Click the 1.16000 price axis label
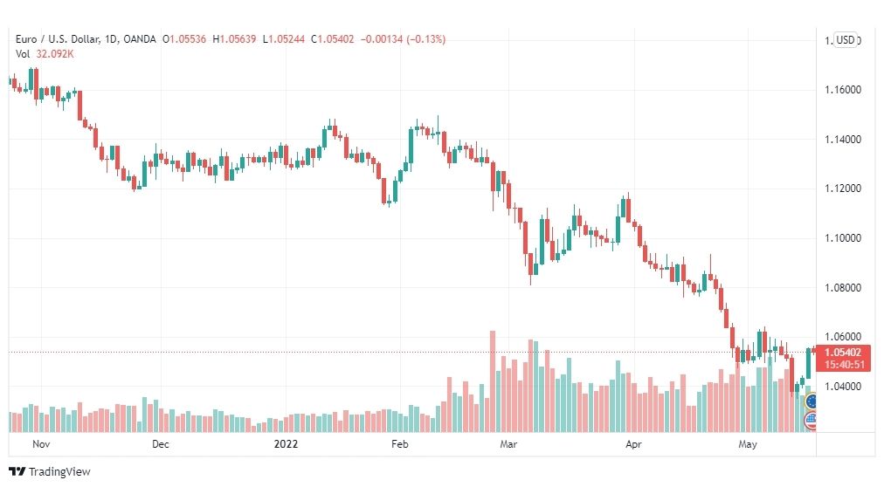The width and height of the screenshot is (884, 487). pyautogui.click(x=843, y=90)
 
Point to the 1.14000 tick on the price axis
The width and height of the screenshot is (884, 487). pyautogui.click(x=843, y=139)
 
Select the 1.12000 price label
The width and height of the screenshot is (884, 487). pyautogui.click(x=843, y=188)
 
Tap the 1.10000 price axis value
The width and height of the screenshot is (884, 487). pyautogui.click(x=843, y=237)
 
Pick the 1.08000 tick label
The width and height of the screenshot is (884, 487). pyautogui.click(x=843, y=287)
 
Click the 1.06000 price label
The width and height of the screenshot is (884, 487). pyautogui.click(x=843, y=337)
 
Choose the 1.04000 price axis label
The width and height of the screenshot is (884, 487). pyautogui.click(x=843, y=387)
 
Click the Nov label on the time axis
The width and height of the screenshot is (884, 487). pyautogui.click(x=41, y=444)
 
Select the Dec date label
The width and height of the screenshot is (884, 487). pyautogui.click(x=161, y=444)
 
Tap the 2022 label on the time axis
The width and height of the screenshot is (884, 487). pyautogui.click(x=286, y=444)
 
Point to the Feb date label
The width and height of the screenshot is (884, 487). pyautogui.click(x=400, y=444)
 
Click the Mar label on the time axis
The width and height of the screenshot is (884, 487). pyautogui.click(x=508, y=444)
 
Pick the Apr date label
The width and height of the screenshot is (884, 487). pyautogui.click(x=633, y=444)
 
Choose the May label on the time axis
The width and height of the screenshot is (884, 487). pyautogui.click(x=748, y=444)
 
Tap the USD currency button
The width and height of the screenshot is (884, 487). pyautogui.click(x=845, y=40)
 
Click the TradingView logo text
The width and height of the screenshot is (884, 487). pyautogui.click(x=59, y=472)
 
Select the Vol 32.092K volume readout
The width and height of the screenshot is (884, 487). pyautogui.click(x=45, y=54)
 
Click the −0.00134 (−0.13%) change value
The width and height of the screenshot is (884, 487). pyautogui.click(x=403, y=39)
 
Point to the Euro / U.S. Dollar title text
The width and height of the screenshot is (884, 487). pyautogui.click(x=58, y=39)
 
